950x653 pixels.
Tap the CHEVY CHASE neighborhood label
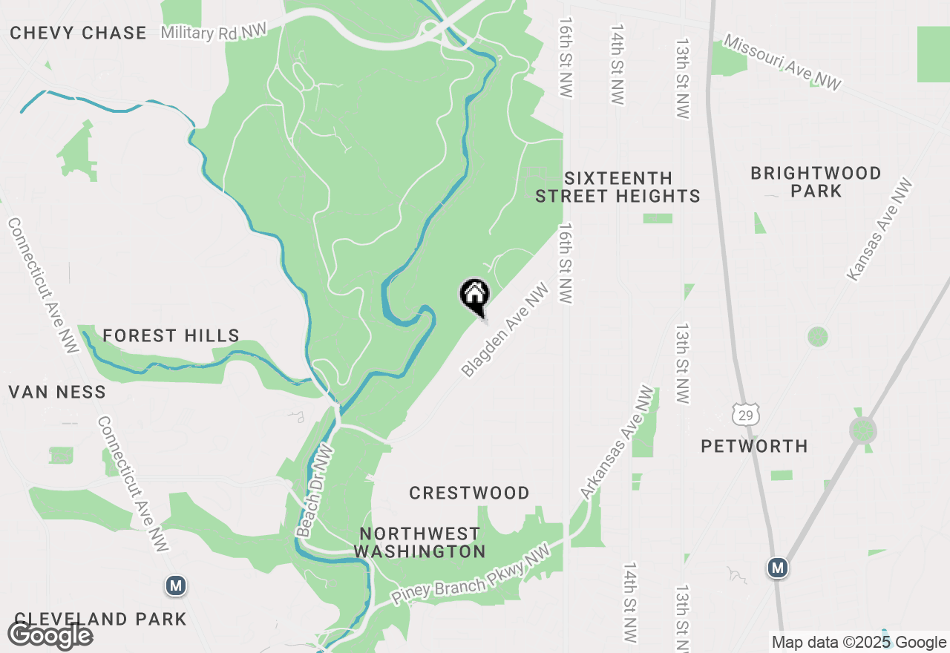click(x=78, y=33)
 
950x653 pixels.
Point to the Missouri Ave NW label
click(x=783, y=63)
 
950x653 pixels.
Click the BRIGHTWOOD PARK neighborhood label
click(x=816, y=182)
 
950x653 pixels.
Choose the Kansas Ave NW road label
click(x=880, y=229)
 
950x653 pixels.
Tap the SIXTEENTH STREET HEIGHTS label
click(x=618, y=187)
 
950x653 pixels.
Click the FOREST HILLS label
click(x=171, y=336)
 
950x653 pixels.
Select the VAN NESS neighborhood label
click(x=57, y=392)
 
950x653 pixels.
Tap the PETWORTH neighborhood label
click(x=755, y=446)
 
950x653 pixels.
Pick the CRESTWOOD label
click(x=470, y=493)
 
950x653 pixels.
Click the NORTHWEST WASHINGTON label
click(x=419, y=542)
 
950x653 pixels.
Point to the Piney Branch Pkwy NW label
click(x=471, y=576)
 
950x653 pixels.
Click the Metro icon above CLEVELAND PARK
click(x=176, y=585)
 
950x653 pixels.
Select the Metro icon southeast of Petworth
click(x=778, y=568)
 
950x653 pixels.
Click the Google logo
click(x=50, y=635)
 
